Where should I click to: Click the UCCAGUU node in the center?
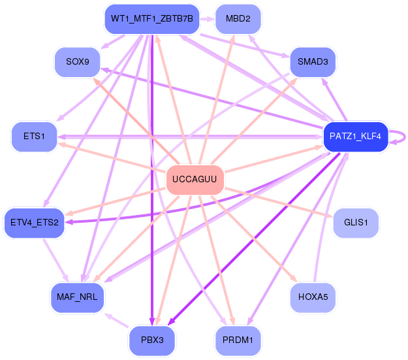[195, 180]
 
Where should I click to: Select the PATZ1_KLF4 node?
[355, 137]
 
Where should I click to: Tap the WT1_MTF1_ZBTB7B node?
[152, 19]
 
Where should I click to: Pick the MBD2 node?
[238, 19]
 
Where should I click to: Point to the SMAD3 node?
[313, 62]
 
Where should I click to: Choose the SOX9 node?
[78, 62]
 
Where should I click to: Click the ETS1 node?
[34, 137]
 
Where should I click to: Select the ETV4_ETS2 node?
[34, 223]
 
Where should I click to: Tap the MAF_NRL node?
[77, 297]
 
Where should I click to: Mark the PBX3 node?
[152, 340]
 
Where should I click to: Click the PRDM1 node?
[238, 340]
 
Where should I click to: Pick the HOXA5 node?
[313, 297]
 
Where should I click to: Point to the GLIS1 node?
[356, 223]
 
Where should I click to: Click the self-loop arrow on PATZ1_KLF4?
[405, 137]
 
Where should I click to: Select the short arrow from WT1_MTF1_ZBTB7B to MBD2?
[207, 19]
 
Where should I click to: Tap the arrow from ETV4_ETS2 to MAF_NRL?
[55, 260]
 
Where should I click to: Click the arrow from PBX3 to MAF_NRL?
[117, 320]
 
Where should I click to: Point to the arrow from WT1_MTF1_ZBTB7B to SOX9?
[113, 41]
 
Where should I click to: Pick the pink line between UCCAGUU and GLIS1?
[278, 202]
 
